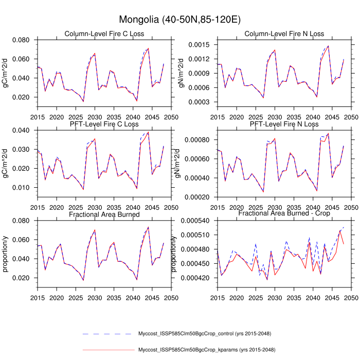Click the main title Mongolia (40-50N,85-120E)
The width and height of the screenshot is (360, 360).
[x=180, y=20]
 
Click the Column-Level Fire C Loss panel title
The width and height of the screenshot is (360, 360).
[x=104, y=34]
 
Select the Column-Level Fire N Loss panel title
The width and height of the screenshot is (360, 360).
[x=284, y=34]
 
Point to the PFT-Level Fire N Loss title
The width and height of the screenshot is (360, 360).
[x=284, y=124]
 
